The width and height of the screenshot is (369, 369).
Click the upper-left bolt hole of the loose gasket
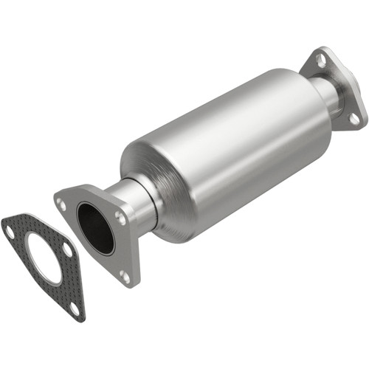[10, 230]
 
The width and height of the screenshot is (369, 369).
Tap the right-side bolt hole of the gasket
[67, 250]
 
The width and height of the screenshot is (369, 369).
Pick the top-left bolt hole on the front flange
[63, 203]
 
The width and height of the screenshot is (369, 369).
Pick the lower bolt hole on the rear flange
[354, 118]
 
